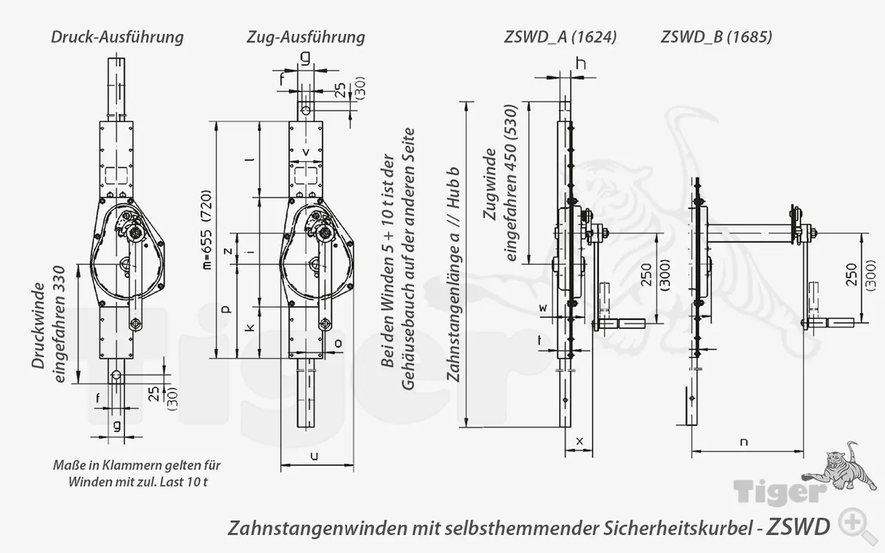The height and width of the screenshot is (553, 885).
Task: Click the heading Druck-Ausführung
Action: pyautogui.click(x=118, y=37)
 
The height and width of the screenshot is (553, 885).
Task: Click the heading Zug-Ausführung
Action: pyautogui.click(x=306, y=37)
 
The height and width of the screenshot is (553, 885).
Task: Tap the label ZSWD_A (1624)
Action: pyautogui.click(x=560, y=37)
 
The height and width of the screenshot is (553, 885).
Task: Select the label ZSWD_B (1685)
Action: pyautogui.click(x=716, y=37)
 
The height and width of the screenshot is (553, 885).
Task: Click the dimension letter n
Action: pyautogui.click(x=744, y=442)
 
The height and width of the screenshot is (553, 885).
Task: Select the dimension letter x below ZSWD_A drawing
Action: pyautogui.click(x=579, y=440)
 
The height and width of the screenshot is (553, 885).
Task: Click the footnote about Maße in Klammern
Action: pyautogui.click(x=136, y=474)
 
